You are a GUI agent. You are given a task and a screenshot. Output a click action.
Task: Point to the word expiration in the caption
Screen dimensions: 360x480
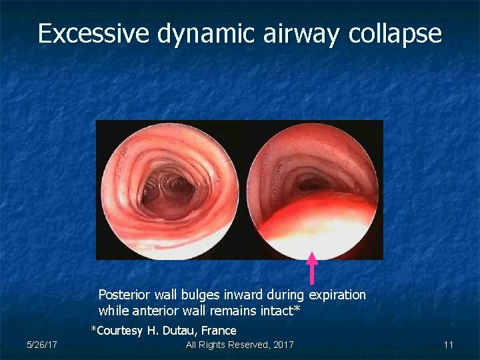point(337,295)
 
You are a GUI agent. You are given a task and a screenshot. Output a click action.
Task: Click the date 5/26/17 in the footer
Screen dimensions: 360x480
point(41,345)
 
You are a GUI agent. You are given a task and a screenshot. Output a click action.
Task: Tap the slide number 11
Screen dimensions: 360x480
point(448,345)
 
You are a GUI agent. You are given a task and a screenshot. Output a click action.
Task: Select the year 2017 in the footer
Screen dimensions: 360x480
point(281,345)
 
